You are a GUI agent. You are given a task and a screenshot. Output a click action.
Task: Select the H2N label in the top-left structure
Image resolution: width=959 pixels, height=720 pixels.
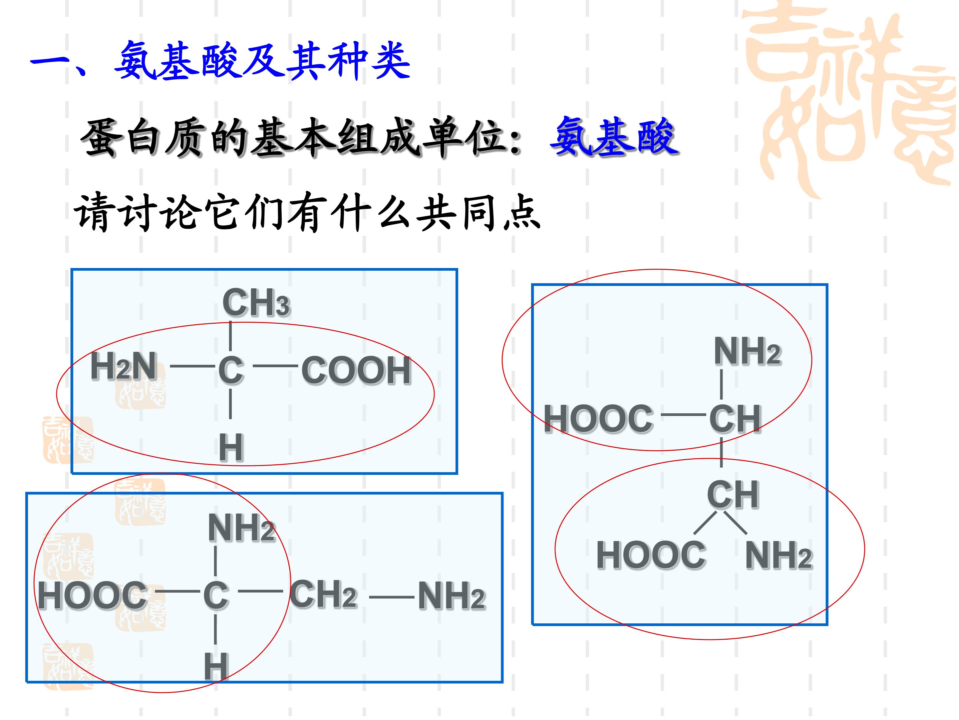tap(124, 366)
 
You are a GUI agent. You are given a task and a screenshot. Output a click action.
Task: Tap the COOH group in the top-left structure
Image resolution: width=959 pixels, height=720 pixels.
tap(356, 370)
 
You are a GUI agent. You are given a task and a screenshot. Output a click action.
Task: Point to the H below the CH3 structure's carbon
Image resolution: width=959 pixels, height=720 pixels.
tap(231, 447)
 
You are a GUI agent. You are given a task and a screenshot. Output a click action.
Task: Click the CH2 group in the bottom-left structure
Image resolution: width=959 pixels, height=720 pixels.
tap(323, 595)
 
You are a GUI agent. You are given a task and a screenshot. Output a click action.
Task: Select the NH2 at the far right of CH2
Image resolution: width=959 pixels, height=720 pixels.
tap(451, 596)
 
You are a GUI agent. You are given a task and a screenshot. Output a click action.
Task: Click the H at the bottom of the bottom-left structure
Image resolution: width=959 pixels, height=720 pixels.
tap(216, 666)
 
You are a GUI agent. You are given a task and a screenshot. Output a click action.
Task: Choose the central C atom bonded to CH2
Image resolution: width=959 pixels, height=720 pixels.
tap(215, 595)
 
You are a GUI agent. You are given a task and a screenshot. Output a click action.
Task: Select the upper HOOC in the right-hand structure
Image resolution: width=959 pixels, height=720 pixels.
tap(598, 419)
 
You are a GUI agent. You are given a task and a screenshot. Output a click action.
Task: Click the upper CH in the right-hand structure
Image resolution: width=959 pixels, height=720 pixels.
tap(735, 419)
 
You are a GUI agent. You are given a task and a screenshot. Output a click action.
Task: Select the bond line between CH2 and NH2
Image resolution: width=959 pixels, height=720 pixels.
tap(392, 598)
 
